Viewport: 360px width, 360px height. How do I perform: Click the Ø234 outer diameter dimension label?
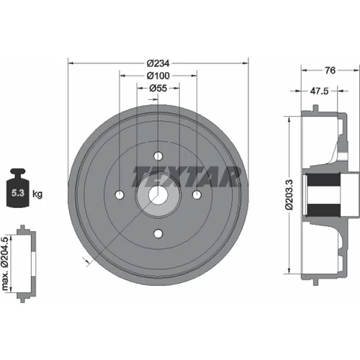[x=158, y=63]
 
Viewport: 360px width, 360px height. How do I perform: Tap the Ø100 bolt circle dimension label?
[x=158, y=76]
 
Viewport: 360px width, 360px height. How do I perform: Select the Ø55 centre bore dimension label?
[x=158, y=89]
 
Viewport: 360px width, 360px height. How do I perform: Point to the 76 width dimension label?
[x=330, y=71]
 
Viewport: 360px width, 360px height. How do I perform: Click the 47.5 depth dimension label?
[x=319, y=91]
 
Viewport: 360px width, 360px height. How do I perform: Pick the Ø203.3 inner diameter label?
[x=289, y=194]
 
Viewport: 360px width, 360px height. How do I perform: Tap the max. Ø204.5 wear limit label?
[x=5, y=264]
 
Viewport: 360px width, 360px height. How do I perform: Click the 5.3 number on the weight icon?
[x=18, y=193]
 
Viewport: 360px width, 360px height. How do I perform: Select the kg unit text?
[x=37, y=194]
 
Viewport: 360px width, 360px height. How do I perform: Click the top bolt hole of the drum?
[x=158, y=156]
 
